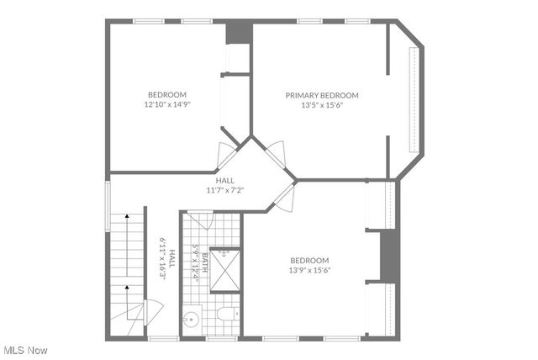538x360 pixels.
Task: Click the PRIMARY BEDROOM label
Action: click(322, 95)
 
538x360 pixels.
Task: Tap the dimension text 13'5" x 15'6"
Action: click(322, 105)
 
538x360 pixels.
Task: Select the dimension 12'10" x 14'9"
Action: click(167, 105)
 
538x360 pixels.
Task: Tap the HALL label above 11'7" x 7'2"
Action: click(224, 180)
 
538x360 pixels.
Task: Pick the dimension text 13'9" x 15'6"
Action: click(309, 270)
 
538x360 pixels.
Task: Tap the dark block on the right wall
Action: click(388, 255)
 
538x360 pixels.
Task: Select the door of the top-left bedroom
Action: click(227, 154)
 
